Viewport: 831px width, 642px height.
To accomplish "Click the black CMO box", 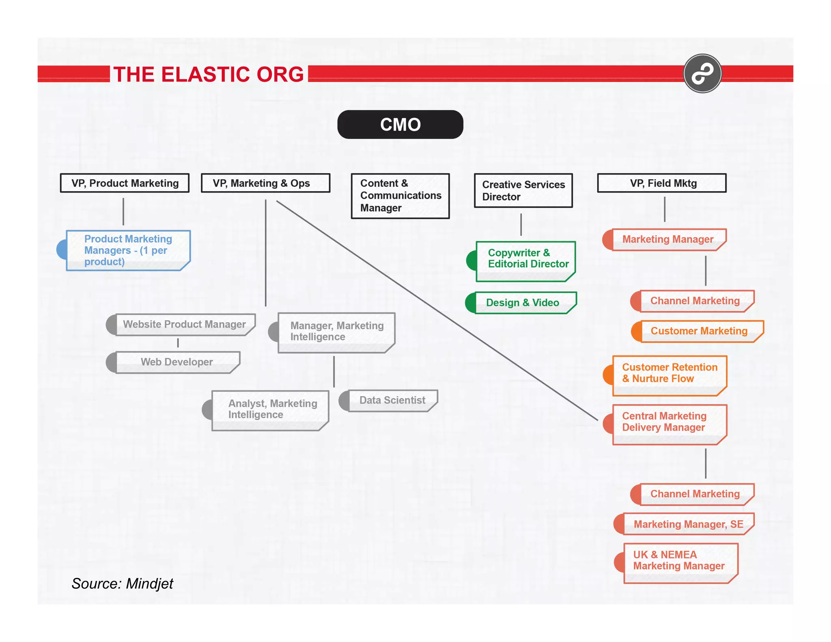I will [400, 125].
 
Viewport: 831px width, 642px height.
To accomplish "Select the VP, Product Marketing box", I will [125, 183].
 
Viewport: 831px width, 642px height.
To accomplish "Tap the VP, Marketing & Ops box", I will [265, 183].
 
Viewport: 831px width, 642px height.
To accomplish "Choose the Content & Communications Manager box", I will [400, 196].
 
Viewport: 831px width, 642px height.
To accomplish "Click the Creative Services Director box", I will [523, 191].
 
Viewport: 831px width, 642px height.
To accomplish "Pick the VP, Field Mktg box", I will [662, 183].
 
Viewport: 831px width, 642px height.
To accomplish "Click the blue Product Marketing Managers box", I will [128, 250].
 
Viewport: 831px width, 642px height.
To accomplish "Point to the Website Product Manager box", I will [185, 324].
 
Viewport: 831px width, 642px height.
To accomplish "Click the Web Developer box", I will [177, 362].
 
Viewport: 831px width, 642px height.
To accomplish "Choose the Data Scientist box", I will [392, 401].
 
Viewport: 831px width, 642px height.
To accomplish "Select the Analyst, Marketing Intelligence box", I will [270, 410].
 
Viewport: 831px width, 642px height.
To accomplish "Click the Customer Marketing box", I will [699, 331].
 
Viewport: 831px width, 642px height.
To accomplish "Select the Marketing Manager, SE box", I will [688, 524].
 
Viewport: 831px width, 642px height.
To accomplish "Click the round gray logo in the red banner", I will [702, 74].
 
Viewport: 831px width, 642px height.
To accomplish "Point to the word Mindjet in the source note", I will [149, 584].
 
